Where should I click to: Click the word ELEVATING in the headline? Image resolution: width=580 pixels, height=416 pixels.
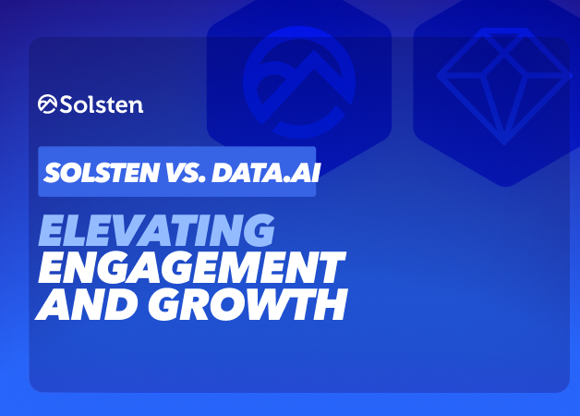click(x=156, y=230)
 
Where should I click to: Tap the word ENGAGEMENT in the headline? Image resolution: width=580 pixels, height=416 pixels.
click(x=192, y=267)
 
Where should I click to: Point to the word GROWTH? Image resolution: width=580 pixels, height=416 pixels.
click(x=248, y=304)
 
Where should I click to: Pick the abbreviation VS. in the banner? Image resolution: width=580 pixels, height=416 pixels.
click(x=186, y=173)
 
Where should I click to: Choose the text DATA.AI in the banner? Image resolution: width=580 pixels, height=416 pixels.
click(x=265, y=173)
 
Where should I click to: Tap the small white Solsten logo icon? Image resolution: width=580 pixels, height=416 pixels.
click(x=47, y=104)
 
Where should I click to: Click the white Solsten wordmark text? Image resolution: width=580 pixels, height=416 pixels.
click(x=101, y=104)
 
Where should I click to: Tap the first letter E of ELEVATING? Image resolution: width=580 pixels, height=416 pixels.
click(x=54, y=230)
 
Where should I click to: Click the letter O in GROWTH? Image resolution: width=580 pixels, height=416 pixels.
click(x=226, y=304)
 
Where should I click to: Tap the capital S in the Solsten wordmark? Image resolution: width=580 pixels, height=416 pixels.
click(x=66, y=104)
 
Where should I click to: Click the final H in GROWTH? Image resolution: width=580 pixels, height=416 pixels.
click(x=332, y=304)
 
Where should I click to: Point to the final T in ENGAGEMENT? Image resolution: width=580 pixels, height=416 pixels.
click(x=330, y=267)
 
